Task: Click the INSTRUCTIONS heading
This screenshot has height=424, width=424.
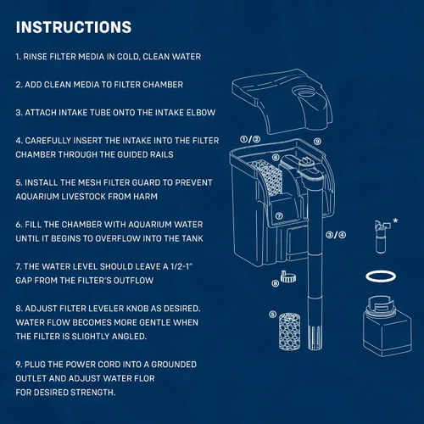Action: [74, 27]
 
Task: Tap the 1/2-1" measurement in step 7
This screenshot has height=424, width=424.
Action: [181, 266]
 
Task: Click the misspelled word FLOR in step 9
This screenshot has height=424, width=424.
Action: [144, 378]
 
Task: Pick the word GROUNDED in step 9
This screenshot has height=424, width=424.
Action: [174, 365]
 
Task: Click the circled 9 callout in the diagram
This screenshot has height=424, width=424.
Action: [317, 142]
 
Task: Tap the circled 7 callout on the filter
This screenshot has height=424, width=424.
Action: [279, 216]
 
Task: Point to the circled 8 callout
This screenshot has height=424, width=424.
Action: [275, 283]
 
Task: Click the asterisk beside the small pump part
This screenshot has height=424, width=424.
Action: [395, 220]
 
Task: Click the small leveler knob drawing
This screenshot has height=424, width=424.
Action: [287, 277]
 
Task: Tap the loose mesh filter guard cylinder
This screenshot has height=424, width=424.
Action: [289, 332]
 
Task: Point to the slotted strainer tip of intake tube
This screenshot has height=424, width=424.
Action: [315, 338]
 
